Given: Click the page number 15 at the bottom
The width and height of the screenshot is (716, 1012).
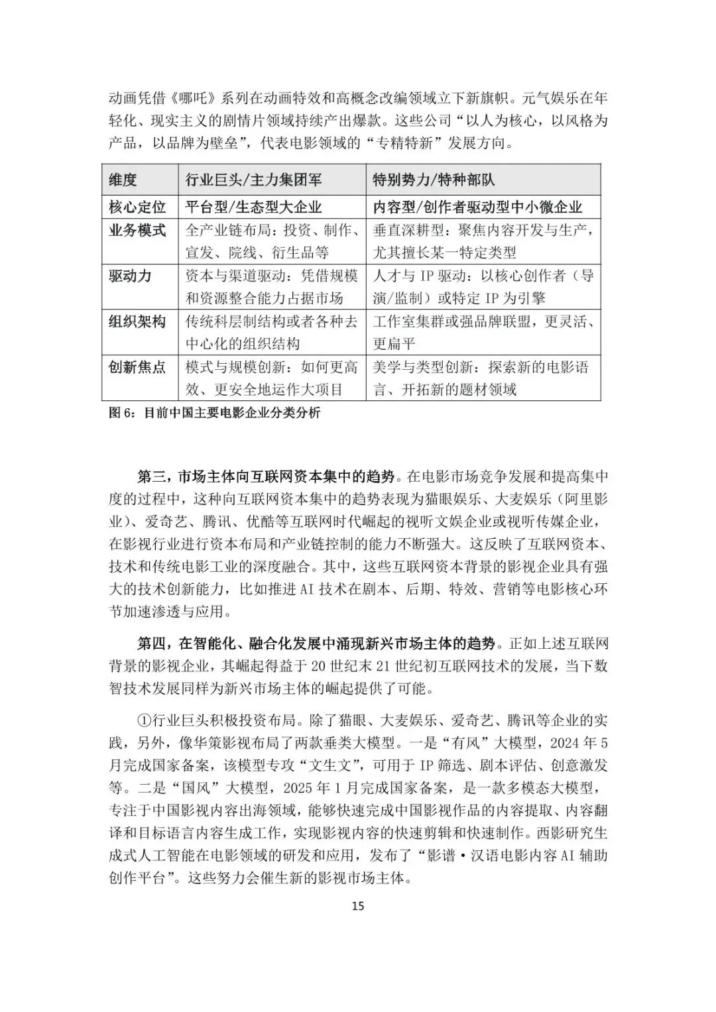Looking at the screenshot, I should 358,906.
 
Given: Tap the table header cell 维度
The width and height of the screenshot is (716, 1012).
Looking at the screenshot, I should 123,180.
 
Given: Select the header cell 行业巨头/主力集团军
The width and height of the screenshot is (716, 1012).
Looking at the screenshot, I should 254,180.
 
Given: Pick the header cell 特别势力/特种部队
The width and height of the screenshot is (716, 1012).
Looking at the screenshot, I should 434,180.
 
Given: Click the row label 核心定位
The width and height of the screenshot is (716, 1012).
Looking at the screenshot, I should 137,207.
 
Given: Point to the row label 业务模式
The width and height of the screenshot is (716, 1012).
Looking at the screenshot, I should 137,231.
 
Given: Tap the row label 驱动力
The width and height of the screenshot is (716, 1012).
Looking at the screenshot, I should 130,276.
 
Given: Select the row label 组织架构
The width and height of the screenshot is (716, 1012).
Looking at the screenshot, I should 137,321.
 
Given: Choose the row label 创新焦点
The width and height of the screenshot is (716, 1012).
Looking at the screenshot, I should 137,367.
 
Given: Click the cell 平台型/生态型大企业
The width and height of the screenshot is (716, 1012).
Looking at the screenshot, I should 254,207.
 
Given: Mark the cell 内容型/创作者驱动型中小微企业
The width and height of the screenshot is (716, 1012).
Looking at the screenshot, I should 477,207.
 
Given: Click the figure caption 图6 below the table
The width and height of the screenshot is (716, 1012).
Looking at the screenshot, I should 214,413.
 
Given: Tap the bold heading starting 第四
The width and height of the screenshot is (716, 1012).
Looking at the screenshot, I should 316,644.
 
